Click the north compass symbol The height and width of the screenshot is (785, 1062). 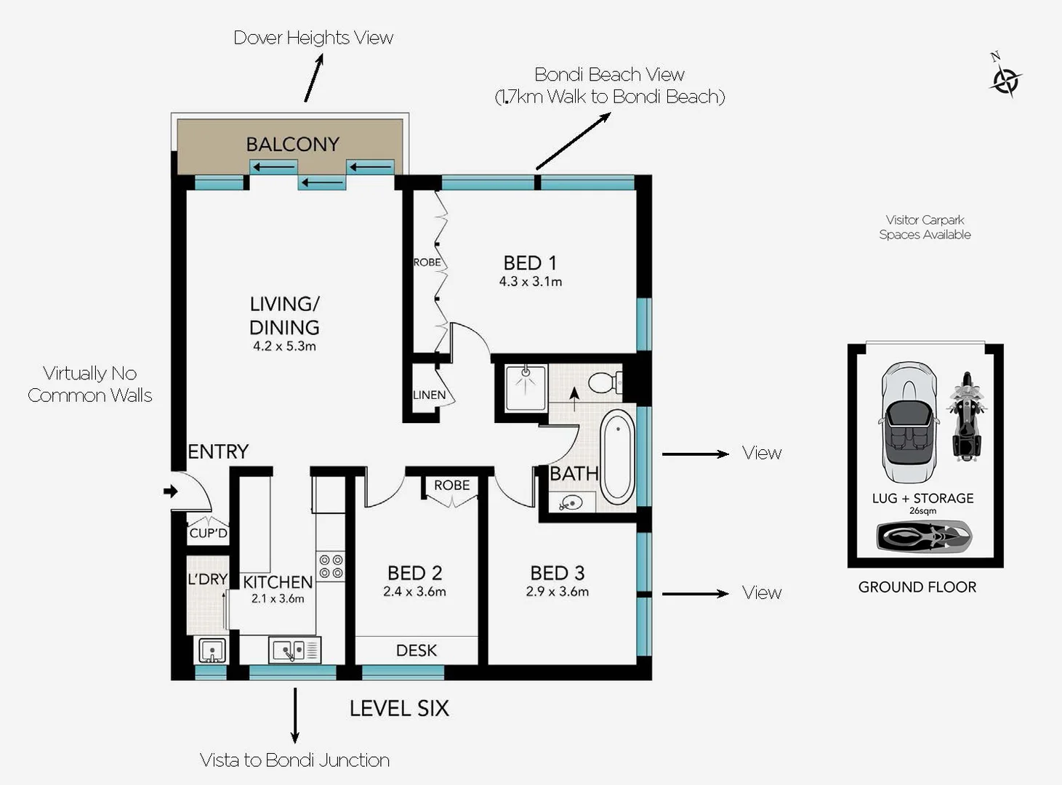(x=1005, y=78)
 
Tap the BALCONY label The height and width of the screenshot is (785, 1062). (x=292, y=144)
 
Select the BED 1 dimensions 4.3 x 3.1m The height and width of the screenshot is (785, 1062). (x=530, y=282)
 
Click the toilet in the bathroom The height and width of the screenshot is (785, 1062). (x=604, y=382)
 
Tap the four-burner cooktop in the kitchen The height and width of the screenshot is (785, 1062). (x=331, y=566)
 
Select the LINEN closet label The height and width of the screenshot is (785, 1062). (x=429, y=395)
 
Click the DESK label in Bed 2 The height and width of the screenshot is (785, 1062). (x=417, y=651)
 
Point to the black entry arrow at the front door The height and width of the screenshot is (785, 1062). (x=171, y=491)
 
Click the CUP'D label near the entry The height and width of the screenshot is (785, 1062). (x=208, y=533)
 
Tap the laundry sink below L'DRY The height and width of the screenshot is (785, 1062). (x=211, y=650)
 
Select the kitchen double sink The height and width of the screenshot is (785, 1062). (x=294, y=649)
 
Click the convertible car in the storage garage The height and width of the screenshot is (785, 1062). (x=908, y=422)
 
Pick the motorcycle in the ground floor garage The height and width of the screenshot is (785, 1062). (x=966, y=418)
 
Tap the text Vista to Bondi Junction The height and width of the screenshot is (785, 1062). (x=294, y=760)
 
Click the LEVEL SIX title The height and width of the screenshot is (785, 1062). (x=399, y=709)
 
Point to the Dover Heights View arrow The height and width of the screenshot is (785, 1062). (x=314, y=78)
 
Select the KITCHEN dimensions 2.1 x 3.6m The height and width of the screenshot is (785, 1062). (x=278, y=599)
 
